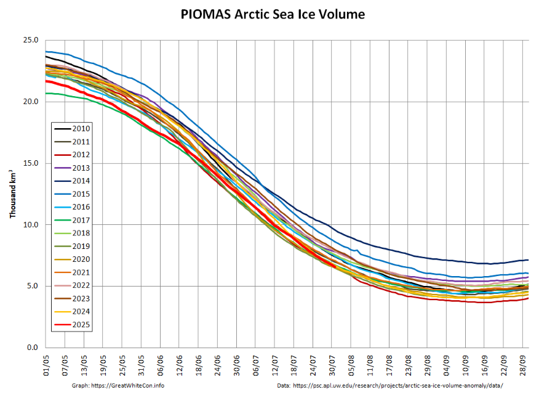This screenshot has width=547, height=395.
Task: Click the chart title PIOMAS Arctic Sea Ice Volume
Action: (273, 14)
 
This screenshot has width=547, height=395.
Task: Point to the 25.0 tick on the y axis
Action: (30, 40)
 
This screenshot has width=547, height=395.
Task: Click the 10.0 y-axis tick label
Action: (30, 225)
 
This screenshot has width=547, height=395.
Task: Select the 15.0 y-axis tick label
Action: (30, 163)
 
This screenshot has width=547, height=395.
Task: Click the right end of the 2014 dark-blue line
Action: (528, 260)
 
